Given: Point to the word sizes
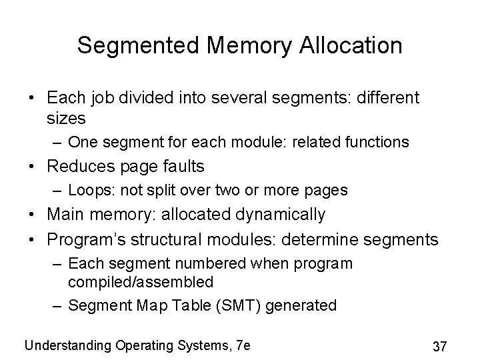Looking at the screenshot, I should tap(67, 119).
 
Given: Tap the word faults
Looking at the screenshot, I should tap(183, 166).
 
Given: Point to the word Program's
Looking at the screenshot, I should tap(85, 238).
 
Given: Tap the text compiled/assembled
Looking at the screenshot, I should tap(140, 281).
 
